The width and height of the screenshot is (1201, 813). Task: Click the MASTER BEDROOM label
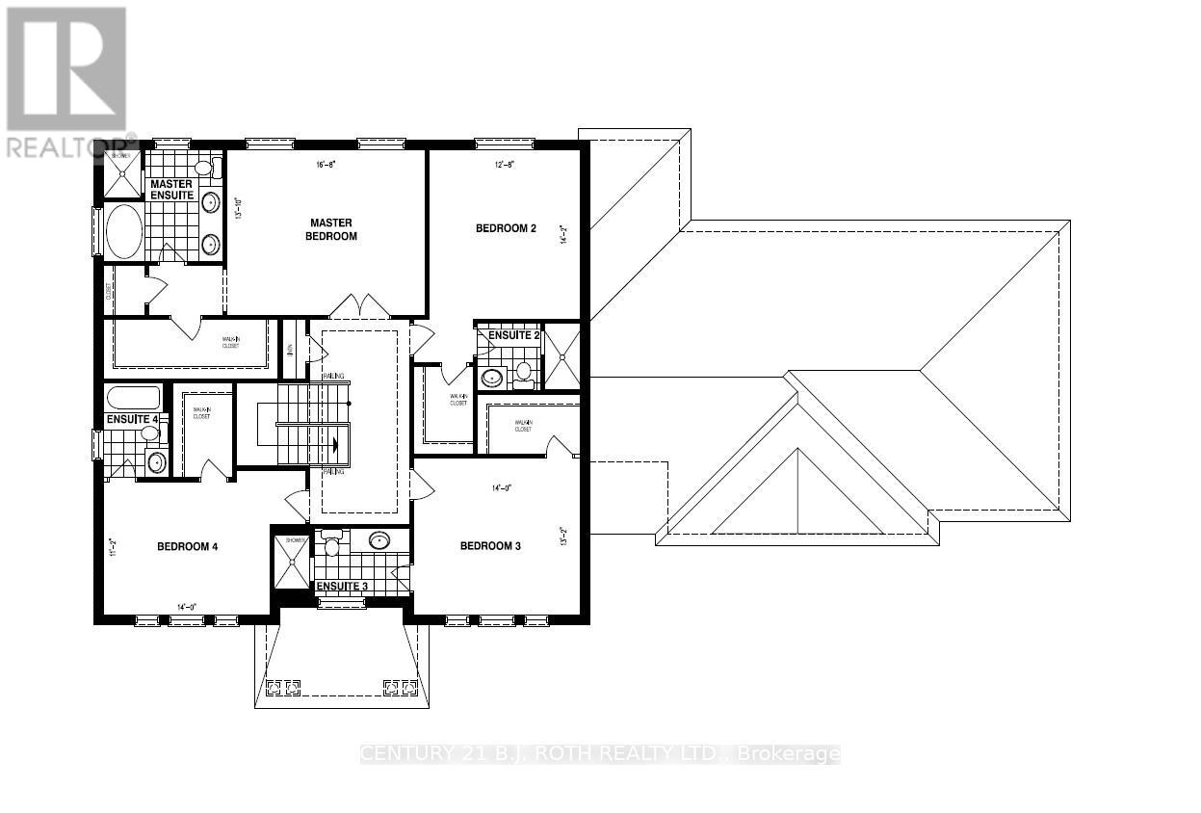point(330,229)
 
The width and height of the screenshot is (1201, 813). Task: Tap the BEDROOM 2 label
point(506,228)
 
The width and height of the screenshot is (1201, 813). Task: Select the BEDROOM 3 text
point(490,546)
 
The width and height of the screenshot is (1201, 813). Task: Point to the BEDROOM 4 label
point(188,546)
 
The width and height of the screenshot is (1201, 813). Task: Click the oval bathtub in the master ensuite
point(123,231)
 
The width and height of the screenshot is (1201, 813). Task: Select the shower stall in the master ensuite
point(122,173)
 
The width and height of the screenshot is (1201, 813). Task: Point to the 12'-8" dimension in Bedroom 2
point(505,165)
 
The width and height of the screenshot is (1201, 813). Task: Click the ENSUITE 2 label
point(513,335)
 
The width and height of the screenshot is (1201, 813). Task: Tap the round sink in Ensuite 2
point(493,377)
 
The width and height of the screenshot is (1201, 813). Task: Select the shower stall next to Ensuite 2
point(561,356)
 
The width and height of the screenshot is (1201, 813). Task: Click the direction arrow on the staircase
point(334,445)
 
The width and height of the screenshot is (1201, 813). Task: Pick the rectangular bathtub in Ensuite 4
point(133,398)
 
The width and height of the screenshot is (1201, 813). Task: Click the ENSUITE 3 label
point(342,586)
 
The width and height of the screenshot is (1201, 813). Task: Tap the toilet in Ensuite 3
point(331,544)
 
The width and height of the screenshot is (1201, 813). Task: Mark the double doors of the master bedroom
point(359,306)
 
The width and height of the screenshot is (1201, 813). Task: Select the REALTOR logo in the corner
point(67,82)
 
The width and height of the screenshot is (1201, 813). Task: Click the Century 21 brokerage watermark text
point(600,754)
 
